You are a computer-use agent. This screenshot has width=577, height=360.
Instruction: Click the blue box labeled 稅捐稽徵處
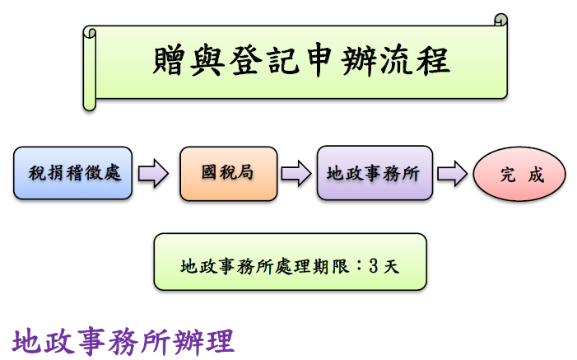pos(73,174)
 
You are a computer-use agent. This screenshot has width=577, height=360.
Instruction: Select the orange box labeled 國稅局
pos(227,174)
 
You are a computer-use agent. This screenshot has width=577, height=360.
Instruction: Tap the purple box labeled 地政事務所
pos(374,174)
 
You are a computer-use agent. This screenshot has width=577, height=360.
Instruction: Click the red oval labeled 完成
pos(520,175)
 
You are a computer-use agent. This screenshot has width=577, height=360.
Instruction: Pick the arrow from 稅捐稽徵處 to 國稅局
pos(153,174)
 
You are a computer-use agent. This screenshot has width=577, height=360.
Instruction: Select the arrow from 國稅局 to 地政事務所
pos(295,174)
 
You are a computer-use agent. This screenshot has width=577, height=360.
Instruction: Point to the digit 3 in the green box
pos(373,267)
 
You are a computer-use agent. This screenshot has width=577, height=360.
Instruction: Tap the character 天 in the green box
pos(391,267)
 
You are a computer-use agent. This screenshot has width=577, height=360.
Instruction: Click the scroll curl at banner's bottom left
pos(90,101)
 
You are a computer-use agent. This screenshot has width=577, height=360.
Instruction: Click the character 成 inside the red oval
pos(535,175)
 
